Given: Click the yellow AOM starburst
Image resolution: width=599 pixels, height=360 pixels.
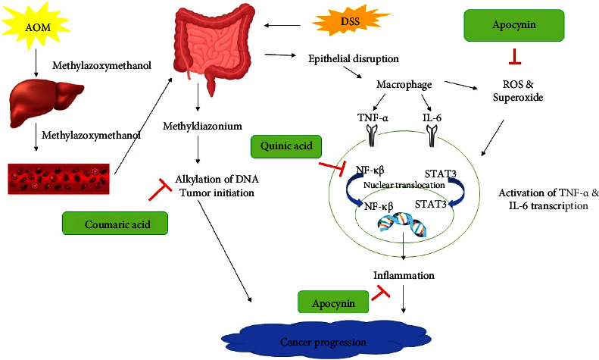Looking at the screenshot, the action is pyautogui.click(x=37, y=26).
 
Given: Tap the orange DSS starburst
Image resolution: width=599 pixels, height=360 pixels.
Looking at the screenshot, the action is pyautogui.click(x=350, y=21).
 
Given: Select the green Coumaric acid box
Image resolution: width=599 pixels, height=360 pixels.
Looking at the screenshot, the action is pyautogui.click(x=115, y=224).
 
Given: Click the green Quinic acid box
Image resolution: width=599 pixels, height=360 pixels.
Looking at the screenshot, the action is pyautogui.click(x=286, y=146).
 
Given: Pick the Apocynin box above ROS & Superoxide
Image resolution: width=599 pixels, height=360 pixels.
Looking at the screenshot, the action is pyautogui.click(x=514, y=25).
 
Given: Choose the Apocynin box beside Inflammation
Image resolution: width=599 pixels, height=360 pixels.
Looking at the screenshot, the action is pyautogui.click(x=333, y=303).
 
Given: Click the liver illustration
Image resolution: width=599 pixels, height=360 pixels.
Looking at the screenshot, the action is pyautogui.click(x=46, y=102).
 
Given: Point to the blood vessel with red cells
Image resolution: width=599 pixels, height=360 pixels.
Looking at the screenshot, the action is pyautogui.click(x=59, y=179).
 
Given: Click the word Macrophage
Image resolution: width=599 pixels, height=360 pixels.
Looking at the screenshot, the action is pyautogui.click(x=404, y=84).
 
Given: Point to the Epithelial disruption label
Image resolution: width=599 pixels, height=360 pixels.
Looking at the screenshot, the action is pyautogui.click(x=354, y=59).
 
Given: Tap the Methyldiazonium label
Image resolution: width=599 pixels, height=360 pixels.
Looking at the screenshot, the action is pyautogui.click(x=202, y=126).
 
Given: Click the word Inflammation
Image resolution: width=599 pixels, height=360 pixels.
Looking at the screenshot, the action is pyautogui.click(x=404, y=275).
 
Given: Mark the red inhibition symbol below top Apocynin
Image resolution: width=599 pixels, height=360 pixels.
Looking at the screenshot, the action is pyautogui.click(x=514, y=57).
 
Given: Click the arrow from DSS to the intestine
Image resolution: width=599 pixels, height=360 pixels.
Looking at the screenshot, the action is pyautogui.click(x=282, y=26).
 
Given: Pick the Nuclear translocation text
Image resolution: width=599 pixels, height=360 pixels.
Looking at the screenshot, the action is pyautogui.click(x=404, y=186).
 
